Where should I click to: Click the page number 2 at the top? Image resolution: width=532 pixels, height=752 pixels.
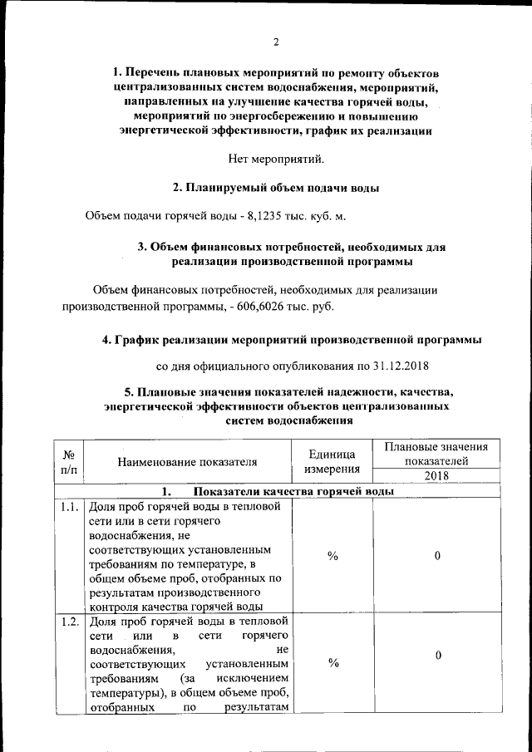click(x=275, y=43)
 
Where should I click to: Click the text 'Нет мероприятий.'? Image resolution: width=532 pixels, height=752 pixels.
click(x=276, y=158)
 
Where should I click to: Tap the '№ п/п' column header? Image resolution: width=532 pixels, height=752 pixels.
click(x=70, y=464)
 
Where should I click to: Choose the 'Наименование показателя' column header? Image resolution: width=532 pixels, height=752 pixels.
click(x=187, y=463)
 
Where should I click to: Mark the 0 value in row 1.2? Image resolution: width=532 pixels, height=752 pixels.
click(x=437, y=656)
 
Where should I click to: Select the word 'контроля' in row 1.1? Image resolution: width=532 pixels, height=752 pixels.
click(x=112, y=605)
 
